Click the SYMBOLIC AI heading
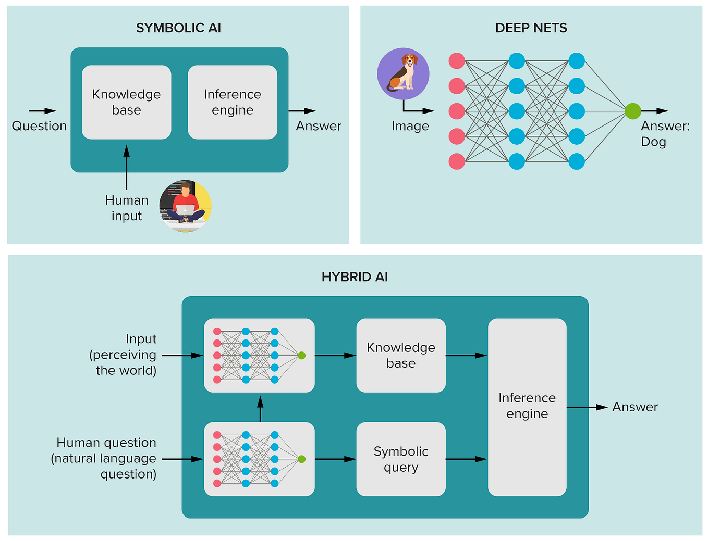pyautogui.click(x=178, y=28)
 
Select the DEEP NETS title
pyautogui.click(x=531, y=28)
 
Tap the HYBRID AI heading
pyautogui.click(x=355, y=277)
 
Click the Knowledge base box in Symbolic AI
pyautogui.click(x=126, y=102)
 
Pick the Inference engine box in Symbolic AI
pyautogui.click(x=233, y=102)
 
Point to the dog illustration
pyautogui.click(x=403, y=74)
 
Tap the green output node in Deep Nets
pyautogui.click(x=632, y=111)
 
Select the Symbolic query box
pyautogui.click(x=401, y=459)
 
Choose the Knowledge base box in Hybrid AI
pyautogui.click(x=401, y=355)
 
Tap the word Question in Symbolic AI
pyautogui.click(x=39, y=126)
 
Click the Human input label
pyautogui.click(x=127, y=208)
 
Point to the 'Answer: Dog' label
pyautogui.click(x=664, y=134)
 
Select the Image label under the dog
pyautogui.click(x=410, y=126)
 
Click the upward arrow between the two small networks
pyautogui.click(x=260, y=408)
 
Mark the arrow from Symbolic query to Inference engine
pyautogui.click(x=466, y=459)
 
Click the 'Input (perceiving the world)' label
pyautogui.click(x=124, y=355)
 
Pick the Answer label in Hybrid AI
pyautogui.click(x=634, y=407)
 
